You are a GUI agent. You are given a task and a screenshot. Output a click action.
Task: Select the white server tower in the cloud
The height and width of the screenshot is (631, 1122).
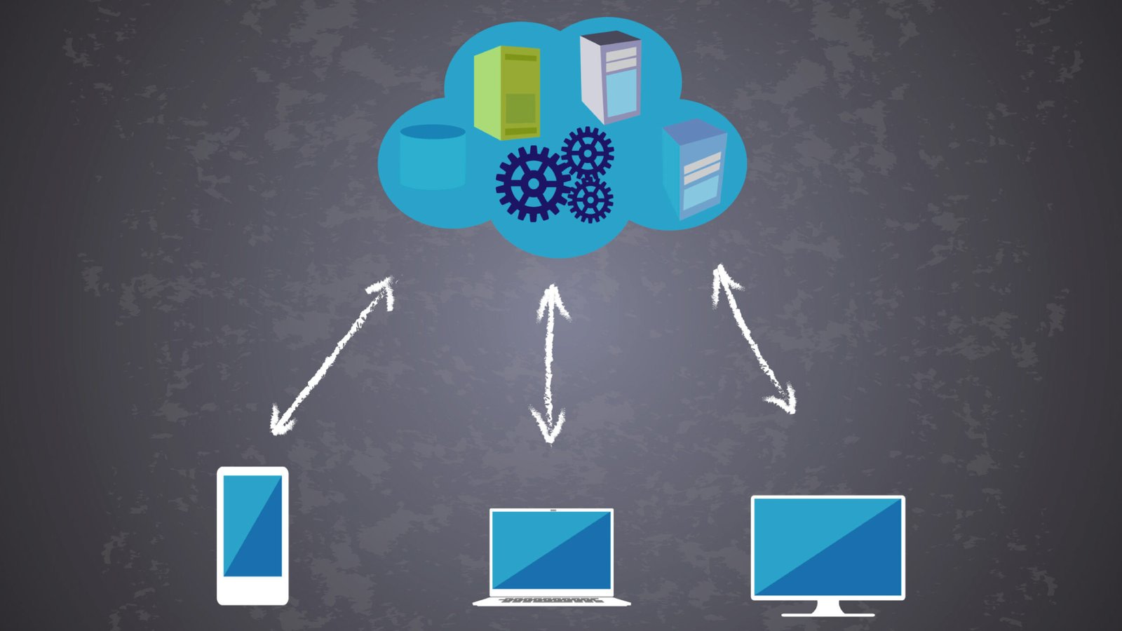click(x=611, y=77)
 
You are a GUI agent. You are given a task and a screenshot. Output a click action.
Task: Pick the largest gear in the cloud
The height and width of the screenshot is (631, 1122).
click(x=532, y=184)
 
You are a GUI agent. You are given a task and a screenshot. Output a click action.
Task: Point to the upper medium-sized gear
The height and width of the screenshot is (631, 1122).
click(x=588, y=151)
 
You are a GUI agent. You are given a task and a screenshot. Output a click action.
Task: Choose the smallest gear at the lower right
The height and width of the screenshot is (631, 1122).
click(x=590, y=200)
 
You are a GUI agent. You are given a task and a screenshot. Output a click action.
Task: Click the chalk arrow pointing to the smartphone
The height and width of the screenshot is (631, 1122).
click(x=333, y=355)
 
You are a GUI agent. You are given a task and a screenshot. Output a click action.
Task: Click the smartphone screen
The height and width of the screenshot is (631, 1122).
click(x=252, y=526)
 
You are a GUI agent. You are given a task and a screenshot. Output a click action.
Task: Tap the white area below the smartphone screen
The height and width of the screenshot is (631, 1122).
click(x=252, y=590)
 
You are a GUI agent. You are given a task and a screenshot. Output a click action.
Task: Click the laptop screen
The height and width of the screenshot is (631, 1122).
click(x=551, y=550)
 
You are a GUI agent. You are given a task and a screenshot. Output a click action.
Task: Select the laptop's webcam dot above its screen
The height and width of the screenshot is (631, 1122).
click(x=552, y=510)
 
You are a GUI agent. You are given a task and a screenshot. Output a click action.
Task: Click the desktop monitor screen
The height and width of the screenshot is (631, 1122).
click(x=827, y=547)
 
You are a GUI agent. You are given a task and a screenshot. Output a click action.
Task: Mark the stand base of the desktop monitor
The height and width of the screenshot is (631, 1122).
click(x=827, y=614)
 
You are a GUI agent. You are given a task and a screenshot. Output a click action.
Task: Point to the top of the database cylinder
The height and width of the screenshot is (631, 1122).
click(x=432, y=131)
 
